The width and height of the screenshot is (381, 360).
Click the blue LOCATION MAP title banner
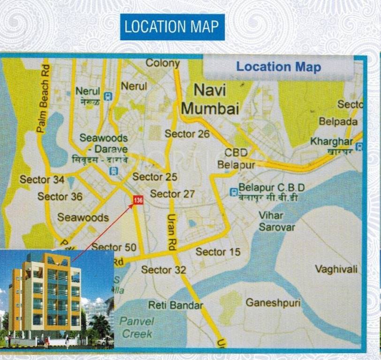click(x=172, y=27)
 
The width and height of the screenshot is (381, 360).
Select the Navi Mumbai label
click(x=210, y=99)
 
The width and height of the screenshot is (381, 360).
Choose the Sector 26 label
click(x=187, y=134)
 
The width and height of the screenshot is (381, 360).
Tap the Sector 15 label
click(x=218, y=252)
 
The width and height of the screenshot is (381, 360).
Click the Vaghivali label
click(x=336, y=269)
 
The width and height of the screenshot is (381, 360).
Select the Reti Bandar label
click(x=175, y=305)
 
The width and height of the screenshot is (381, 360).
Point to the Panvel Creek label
click(x=137, y=327)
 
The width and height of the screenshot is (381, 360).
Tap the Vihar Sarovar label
click(x=277, y=221)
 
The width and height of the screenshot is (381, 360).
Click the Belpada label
click(x=338, y=121)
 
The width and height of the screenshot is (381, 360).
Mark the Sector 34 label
click(x=42, y=180)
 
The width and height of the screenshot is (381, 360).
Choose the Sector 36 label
click(x=60, y=196)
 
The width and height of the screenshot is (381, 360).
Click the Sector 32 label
click(x=163, y=270)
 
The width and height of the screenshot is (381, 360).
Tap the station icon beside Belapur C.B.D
click(x=233, y=191)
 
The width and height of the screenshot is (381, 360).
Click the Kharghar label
click(x=331, y=141)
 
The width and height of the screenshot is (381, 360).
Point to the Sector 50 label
click(x=114, y=247)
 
